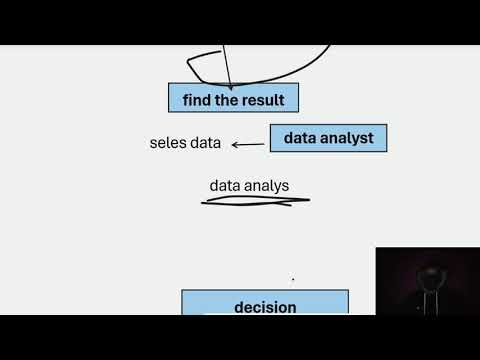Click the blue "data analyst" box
328,138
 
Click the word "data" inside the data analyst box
301,138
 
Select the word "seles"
167,144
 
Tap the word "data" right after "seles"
205,144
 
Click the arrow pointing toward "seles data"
248,144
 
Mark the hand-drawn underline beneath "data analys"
255,200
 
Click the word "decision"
265,307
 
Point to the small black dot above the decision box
292,280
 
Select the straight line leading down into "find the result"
224,65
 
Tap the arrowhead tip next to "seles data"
233,144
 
